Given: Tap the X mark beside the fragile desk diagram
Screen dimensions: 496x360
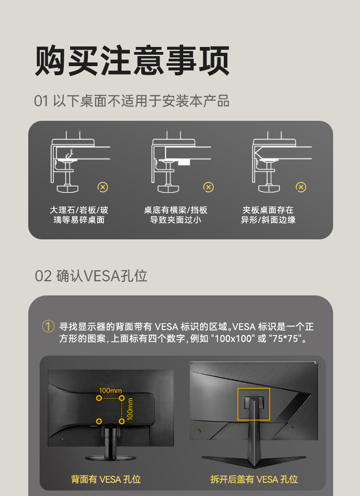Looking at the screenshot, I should click(103, 187).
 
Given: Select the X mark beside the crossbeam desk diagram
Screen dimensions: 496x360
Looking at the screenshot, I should click(208, 187).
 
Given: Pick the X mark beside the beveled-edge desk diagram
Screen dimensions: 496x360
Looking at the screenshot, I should click(301, 187).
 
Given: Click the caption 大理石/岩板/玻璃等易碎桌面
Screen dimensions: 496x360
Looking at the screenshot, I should click(79, 215).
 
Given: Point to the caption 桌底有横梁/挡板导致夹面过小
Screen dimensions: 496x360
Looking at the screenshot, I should click(175, 215).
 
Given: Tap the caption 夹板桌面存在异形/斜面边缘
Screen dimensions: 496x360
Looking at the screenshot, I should click(268, 215).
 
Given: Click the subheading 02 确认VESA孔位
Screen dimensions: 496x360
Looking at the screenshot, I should click(91, 276).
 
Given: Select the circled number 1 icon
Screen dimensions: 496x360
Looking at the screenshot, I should click(48, 326).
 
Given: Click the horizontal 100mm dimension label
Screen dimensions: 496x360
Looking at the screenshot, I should click(110, 390).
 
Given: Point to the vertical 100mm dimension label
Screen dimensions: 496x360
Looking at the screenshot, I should click(130, 409).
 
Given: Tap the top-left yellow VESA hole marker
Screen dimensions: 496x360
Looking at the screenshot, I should click(99, 398).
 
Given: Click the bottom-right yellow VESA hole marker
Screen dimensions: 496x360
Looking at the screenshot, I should click(122, 421).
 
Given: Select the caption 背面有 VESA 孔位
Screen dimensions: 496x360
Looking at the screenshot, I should click(106, 479).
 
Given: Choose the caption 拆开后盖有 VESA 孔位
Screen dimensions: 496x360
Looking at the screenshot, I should click(254, 479).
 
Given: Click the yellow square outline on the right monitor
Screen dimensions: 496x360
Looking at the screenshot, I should click(253, 404).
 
